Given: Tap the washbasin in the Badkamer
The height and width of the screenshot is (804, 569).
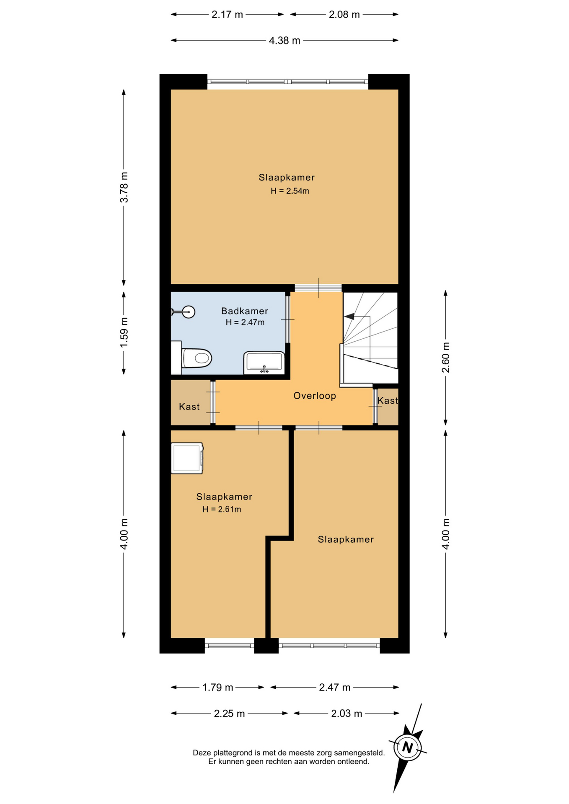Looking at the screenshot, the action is (264, 363).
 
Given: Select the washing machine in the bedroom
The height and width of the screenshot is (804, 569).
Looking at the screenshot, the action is (187, 458).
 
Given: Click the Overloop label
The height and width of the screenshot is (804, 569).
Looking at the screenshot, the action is (315, 396).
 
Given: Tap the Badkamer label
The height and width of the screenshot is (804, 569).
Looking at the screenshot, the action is (245, 311).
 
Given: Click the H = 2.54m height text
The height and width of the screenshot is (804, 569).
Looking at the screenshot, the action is (290, 191).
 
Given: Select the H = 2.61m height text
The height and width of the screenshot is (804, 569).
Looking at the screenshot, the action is (222, 509).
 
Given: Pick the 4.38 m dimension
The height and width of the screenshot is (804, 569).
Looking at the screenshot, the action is (284, 41).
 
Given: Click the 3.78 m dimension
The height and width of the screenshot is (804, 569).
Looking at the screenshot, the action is (124, 187).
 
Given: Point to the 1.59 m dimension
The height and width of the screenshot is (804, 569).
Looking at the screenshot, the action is (124, 332).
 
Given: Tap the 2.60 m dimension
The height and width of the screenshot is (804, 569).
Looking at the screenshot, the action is (446, 358).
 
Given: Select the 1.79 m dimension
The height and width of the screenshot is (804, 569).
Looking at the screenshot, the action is (218, 687).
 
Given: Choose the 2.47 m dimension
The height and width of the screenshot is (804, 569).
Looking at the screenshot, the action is (335, 687).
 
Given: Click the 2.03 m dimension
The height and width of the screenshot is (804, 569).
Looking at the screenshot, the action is (347, 714).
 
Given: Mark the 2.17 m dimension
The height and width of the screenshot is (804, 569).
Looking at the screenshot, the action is (227, 15).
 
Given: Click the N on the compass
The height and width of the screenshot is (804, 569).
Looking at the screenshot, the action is (407, 747).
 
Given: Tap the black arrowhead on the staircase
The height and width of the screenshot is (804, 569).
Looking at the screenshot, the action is (349, 317).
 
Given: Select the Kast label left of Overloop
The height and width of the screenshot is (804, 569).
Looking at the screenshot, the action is (189, 407).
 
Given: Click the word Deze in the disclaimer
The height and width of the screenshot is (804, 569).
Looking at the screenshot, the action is (202, 752).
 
